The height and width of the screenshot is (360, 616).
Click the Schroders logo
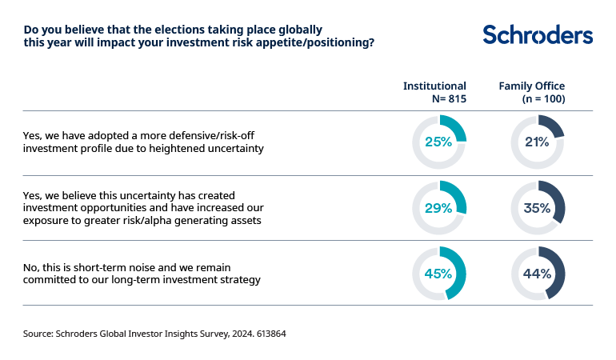(538, 34)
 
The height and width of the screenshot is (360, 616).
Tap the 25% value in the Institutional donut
(438, 142)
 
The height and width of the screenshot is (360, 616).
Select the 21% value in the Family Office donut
(537, 142)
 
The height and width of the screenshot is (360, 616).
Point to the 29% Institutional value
(438, 208)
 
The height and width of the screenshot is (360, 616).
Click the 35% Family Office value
(537, 208)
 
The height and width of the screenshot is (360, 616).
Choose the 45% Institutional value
(438, 273)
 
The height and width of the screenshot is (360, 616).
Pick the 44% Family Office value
(537, 273)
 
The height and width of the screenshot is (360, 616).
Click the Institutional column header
(434, 86)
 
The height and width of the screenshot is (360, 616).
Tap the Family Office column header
(532, 86)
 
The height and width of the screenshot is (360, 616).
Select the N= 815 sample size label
(448, 99)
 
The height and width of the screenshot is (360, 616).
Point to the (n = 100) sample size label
(544, 99)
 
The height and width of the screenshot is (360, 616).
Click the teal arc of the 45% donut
(457, 280)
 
